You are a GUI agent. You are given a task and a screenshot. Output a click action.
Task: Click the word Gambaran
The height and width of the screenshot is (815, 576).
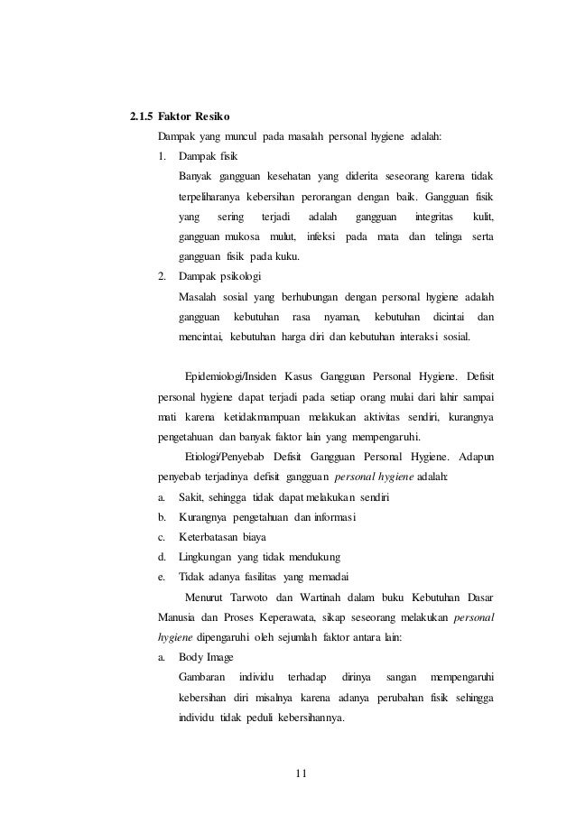click(x=203, y=676)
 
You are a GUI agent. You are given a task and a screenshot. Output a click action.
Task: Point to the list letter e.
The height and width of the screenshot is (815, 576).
click(x=161, y=577)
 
